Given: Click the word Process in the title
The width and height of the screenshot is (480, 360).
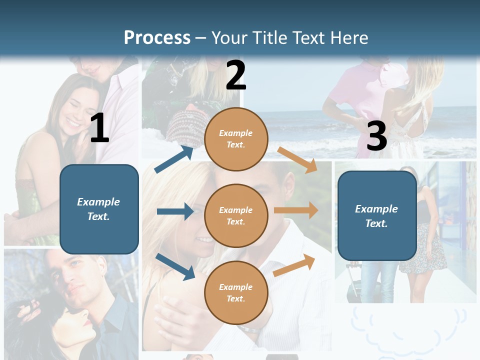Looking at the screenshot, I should point(157,38).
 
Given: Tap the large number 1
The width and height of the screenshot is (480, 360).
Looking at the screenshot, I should point(99,128).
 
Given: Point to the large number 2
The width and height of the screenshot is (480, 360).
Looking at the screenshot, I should point(236,75).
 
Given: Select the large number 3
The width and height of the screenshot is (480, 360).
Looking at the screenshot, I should point(376,136).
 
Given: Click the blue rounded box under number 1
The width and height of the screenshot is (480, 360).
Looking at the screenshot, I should point(99,209).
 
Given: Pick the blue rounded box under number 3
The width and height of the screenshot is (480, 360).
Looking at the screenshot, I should point(376,216).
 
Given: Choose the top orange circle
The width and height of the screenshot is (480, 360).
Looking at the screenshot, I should point(236,138).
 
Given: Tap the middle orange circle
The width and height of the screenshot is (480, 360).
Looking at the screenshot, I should point(236,215).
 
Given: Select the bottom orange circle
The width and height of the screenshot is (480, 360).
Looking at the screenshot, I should point(236,292).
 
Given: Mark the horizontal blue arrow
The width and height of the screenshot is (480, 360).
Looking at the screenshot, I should point(175,211).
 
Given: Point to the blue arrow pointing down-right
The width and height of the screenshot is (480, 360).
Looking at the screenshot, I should point(175,266).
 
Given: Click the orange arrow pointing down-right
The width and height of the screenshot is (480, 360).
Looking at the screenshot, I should point(297,159).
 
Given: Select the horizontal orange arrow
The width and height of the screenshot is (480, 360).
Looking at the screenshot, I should point(296,210).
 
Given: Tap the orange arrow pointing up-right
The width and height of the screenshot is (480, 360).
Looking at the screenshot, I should point(294,265).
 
